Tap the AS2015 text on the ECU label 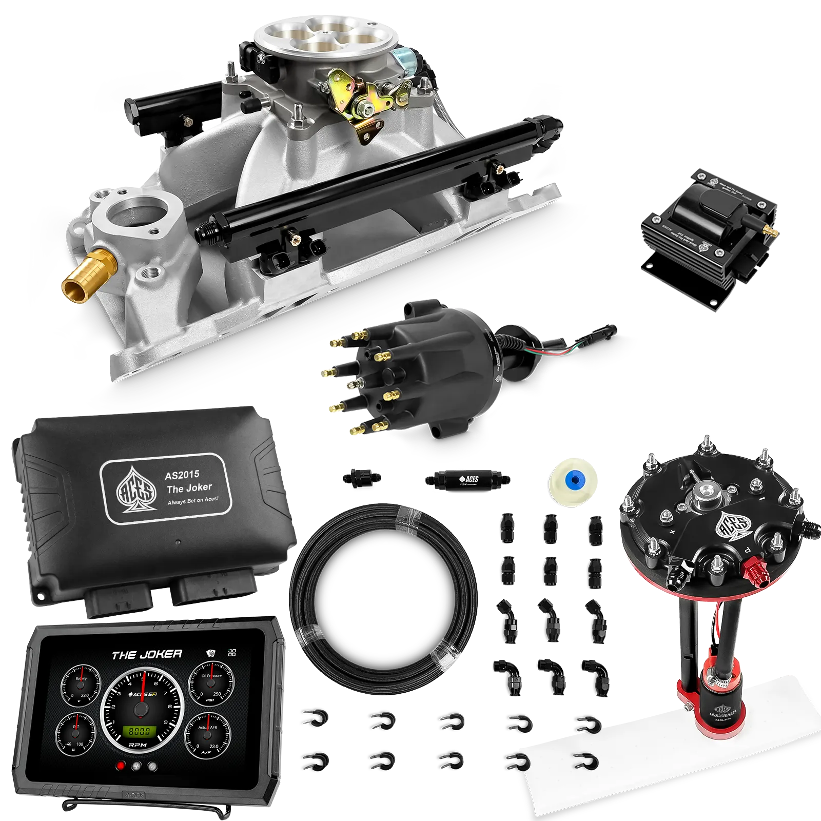(182, 475)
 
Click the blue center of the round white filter (573, 480)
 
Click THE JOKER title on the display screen (147, 654)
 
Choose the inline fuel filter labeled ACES (467, 479)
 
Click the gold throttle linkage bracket (359, 103)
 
